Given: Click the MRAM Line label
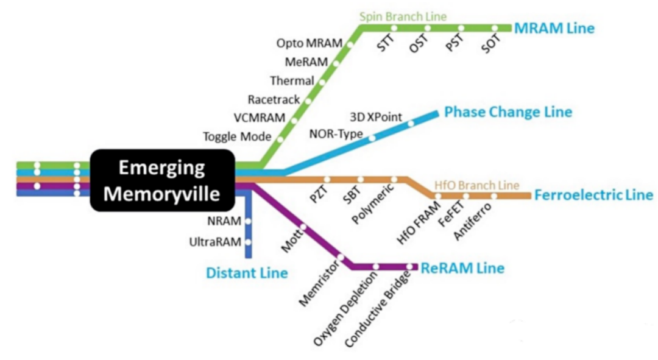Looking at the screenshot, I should point(554,28).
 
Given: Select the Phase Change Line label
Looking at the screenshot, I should point(508,112).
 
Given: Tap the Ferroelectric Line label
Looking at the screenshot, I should point(593,196).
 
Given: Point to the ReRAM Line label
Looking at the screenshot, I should point(462,267).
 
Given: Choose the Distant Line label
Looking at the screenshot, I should point(247,273).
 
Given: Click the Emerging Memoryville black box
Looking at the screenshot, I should point(162,180).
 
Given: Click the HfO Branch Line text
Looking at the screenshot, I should point(476,185).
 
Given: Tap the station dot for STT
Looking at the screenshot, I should point(394,28).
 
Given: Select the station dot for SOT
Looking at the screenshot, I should point(495,28).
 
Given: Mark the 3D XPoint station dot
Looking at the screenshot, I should point(411,123).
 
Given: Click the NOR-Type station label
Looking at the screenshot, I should point(336,133).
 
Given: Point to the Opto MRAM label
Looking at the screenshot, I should point(310,43).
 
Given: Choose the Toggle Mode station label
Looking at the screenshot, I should point(236,137).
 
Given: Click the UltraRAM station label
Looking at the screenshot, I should point(215,242).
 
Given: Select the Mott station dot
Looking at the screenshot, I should point(303,228).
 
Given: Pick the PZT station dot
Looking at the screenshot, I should point(327,179).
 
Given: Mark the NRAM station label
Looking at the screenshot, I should point(224,221).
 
